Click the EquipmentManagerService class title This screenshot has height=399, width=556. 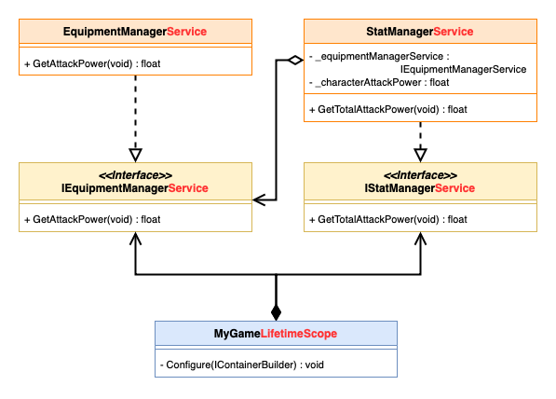click(135, 32)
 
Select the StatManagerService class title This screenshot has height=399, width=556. click(420, 32)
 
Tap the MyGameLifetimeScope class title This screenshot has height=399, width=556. click(276, 334)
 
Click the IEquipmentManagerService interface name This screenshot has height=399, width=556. click(135, 187)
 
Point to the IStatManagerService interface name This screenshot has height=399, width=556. click(420, 187)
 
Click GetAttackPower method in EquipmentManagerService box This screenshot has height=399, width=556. click(92, 64)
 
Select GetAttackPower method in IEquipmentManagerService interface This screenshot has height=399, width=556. click(92, 219)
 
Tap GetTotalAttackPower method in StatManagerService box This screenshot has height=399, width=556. click(388, 109)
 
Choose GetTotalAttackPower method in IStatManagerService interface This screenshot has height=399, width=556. click(388, 219)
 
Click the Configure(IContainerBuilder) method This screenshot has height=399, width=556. click(242, 365)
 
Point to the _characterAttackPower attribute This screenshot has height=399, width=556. click(379, 82)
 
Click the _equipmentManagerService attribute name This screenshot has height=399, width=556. click(379, 57)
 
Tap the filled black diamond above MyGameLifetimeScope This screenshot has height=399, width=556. click(277, 312)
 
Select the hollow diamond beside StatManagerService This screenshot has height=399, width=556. click(295, 60)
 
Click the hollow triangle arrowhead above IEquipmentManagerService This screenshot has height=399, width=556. click(135, 155)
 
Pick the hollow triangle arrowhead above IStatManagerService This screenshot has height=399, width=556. click(421, 155)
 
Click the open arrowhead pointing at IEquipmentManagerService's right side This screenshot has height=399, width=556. click(259, 200)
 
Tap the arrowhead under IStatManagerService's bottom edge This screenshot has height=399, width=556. click(421, 239)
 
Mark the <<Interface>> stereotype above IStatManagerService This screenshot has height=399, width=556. click(420, 175)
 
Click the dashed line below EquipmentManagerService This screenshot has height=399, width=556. click(135, 112)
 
